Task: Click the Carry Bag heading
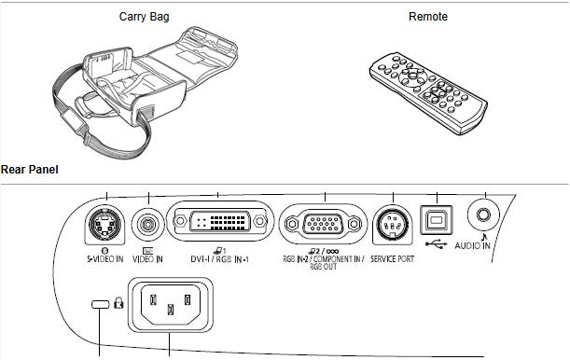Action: tap(144, 17)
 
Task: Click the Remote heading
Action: tap(428, 17)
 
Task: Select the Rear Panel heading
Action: tap(30, 170)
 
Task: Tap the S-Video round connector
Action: tap(104, 224)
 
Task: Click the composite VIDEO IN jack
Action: tap(147, 225)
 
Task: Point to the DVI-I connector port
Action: tap(219, 220)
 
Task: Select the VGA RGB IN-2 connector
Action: tap(323, 224)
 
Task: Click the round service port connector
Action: tap(392, 225)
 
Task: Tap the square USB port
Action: tap(437, 220)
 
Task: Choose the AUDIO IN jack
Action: tap(483, 215)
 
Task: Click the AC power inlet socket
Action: tap(170, 304)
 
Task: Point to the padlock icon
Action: tap(118, 302)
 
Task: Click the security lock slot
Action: tap(101, 304)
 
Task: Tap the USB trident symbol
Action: tap(437, 243)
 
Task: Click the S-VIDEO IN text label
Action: tap(104, 259)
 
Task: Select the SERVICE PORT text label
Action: tap(392, 259)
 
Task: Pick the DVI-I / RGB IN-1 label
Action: tap(219, 259)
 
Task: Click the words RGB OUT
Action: tap(323, 267)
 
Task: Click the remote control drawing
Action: tap(428, 93)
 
